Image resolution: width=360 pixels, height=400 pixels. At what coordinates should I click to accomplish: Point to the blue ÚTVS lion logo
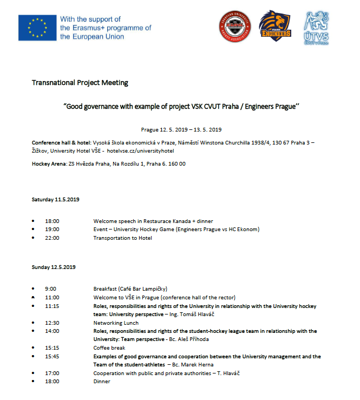(x=318, y=25)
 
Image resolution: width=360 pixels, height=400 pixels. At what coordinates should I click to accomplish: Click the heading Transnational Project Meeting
(x=80, y=83)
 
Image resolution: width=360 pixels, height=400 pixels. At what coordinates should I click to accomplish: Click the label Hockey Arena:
(x=49, y=164)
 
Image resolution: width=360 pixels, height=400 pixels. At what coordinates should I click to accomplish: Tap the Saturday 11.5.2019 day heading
(x=56, y=200)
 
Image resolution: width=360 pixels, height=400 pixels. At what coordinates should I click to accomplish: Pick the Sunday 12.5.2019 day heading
(x=54, y=267)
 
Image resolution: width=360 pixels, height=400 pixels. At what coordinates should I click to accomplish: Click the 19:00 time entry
(x=52, y=229)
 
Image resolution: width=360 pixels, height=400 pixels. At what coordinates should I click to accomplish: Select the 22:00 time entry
(x=52, y=238)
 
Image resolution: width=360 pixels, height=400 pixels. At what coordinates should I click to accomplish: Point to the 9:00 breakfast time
(x=50, y=289)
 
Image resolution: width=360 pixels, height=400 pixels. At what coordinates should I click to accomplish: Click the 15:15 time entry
(x=52, y=348)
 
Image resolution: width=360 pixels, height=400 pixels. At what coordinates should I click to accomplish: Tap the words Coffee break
(x=110, y=348)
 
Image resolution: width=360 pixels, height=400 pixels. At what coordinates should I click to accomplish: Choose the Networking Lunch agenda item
(x=116, y=323)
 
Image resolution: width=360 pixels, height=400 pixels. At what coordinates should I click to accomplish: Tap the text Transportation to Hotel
(x=122, y=238)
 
